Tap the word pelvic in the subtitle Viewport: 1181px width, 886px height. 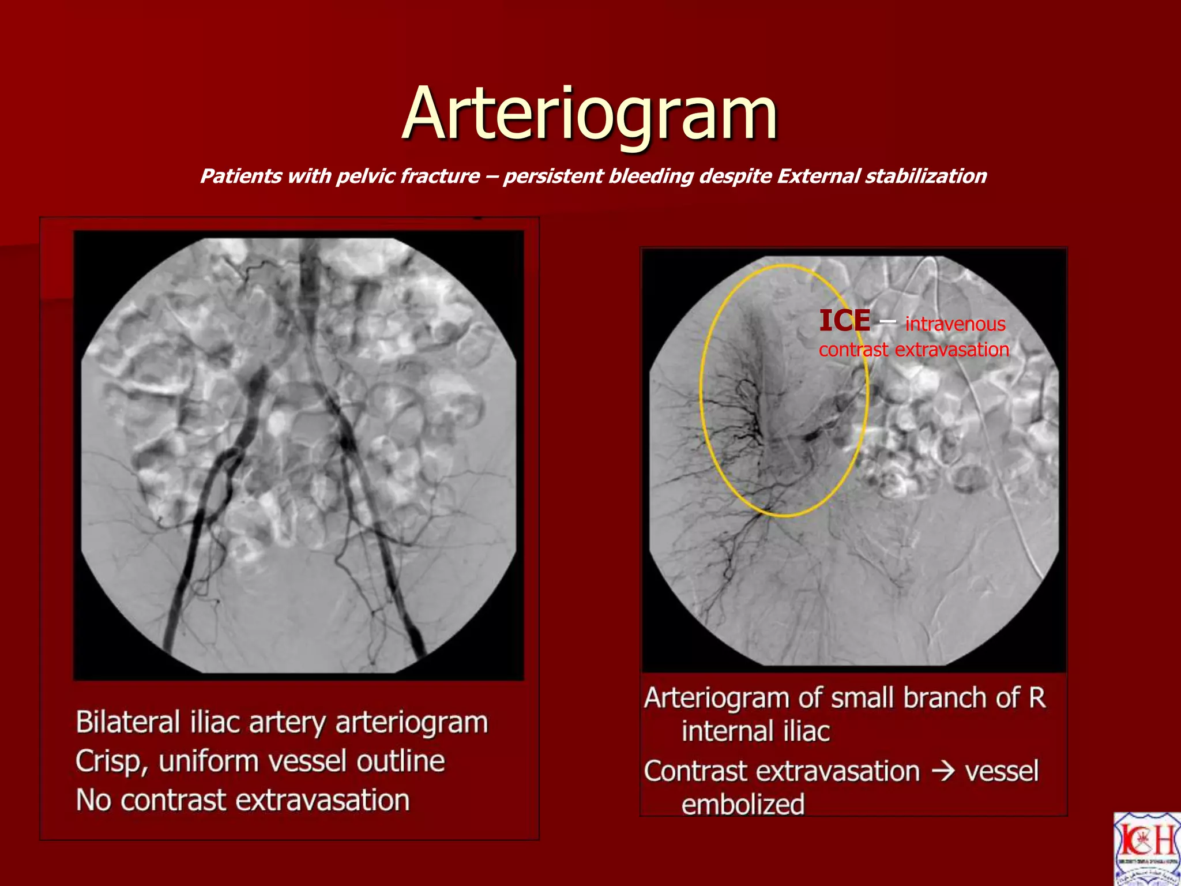coord(366,176)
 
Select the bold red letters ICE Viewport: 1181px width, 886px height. coord(844,321)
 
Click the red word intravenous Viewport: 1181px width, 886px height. coord(955,324)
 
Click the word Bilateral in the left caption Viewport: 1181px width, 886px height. coord(127,722)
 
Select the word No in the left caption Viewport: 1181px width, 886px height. coord(93,801)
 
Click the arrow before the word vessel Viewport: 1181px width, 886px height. coord(943,771)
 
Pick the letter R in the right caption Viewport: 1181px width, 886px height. coord(1037,697)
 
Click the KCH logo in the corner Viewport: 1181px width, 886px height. coord(1147,849)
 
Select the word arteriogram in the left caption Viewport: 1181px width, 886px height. coord(411,722)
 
